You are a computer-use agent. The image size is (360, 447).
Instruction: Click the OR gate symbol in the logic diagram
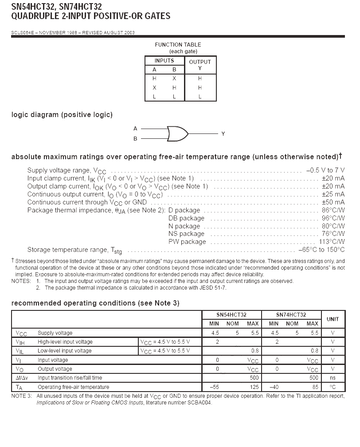tap(177, 133)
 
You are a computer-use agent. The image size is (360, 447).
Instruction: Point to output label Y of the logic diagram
tap(223, 133)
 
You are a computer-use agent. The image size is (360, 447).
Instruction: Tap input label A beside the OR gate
tap(135, 129)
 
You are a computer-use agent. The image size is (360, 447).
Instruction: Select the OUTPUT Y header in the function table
tap(200, 65)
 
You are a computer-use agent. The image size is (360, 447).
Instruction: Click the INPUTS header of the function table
tap(164, 61)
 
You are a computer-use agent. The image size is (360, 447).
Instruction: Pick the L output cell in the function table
tap(200, 96)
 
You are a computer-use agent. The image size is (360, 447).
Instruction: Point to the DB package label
tap(186, 218)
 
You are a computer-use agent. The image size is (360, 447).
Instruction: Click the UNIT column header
tap(333, 319)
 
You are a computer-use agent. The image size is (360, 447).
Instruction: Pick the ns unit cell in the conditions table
tap(333, 378)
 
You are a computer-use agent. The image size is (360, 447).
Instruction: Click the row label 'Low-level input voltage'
tap(65, 351)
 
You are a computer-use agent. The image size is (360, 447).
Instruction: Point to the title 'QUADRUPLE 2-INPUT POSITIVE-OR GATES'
tap(90, 16)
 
